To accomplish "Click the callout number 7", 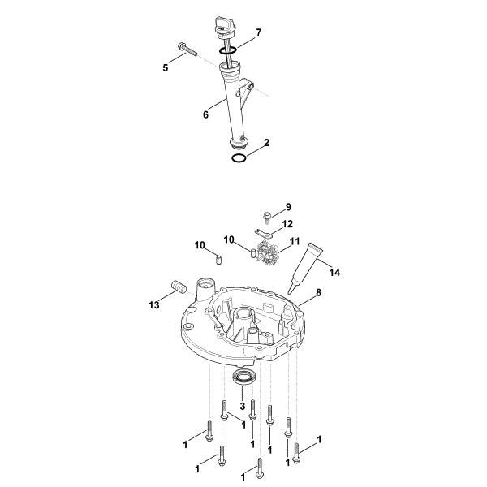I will click(x=258, y=32).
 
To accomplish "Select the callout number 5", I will click(x=166, y=68).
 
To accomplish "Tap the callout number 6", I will click(x=206, y=114).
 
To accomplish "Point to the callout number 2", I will click(x=266, y=143).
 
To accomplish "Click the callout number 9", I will click(x=287, y=207).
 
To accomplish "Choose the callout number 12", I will click(x=287, y=223).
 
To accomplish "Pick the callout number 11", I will click(x=295, y=242).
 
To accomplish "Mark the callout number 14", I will click(x=334, y=272).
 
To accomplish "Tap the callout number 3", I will click(x=241, y=406).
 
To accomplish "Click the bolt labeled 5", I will click(x=185, y=50).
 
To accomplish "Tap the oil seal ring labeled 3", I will click(x=243, y=377).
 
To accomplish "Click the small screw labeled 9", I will click(x=267, y=216).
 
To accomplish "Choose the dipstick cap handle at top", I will click(x=223, y=24).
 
